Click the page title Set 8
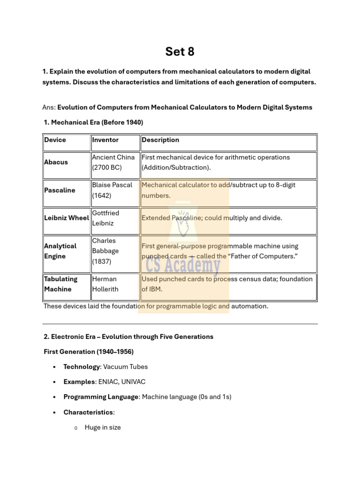(180, 52)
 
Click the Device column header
(55, 140)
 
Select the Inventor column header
(105, 140)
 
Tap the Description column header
(160, 140)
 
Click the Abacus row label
(56, 162)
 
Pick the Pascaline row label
(60, 190)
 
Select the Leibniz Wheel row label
(66, 218)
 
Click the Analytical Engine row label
(60, 251)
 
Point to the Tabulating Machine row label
(61, 284)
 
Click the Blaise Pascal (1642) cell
(112, 190)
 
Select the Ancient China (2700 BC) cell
(113, 162)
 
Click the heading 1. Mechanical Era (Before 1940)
(93, 122)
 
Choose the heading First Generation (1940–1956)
(89, 352)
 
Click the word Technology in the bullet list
(82, 367)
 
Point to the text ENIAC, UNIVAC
(119, 382)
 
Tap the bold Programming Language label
(101, 397)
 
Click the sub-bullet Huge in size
(103, 427)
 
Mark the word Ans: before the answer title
(49, 107)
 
